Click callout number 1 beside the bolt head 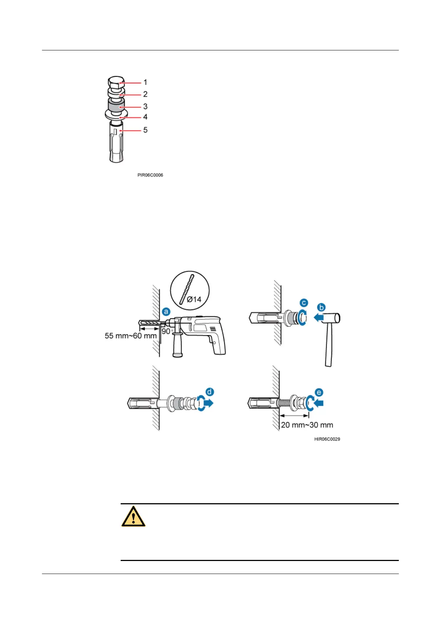145,82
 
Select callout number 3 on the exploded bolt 145,106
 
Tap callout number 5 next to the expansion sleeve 145,130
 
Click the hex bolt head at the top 116,82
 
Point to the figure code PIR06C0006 150,175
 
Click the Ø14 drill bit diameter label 194,299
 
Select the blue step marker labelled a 166,312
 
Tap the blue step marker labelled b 321,307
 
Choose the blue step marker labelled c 304,303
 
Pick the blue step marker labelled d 210,392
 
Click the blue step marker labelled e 319,392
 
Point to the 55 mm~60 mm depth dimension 131,336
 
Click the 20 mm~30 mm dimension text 307,425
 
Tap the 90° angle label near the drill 167,331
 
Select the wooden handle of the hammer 328,346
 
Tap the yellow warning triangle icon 133,516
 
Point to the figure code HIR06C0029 327,439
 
